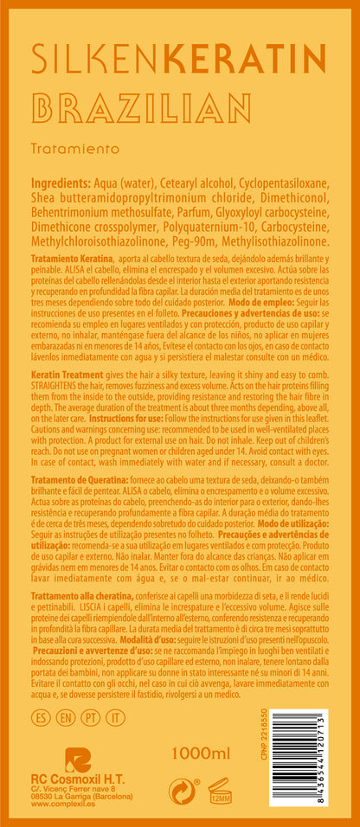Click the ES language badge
click(39, 718)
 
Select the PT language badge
click(88, 718)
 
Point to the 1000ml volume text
click(201, 753)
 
